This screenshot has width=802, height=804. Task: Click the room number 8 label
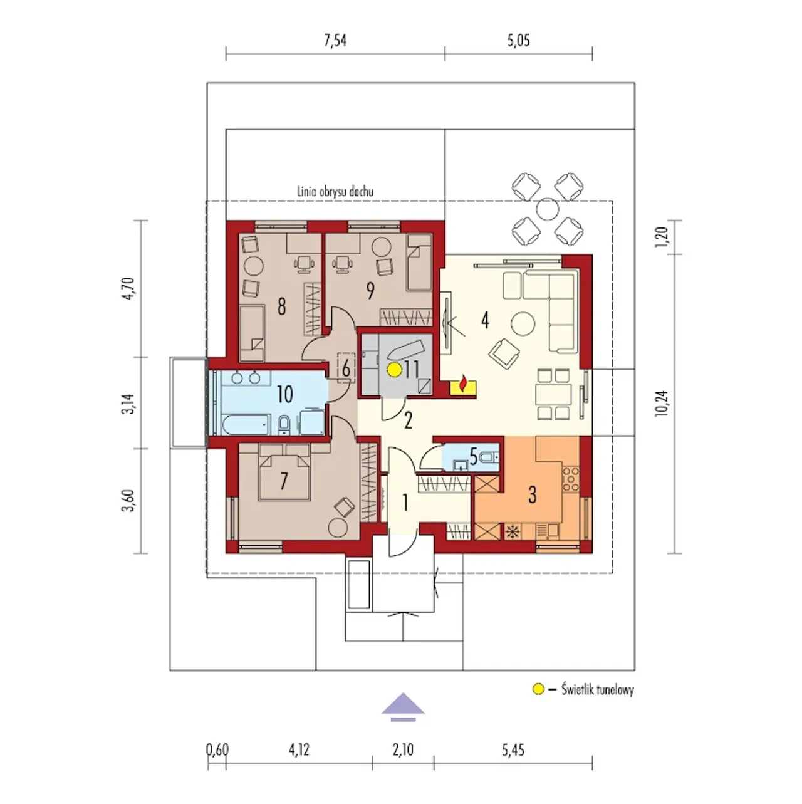pyautogui.click(x=282, y=306)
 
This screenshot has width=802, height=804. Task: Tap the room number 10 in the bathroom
pyautogui.click(x=284, y=394)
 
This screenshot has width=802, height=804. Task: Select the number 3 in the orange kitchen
pyautogui.click(x=532, y=495)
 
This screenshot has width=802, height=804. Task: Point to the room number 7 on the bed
pyautogui.click(x=284, y=481)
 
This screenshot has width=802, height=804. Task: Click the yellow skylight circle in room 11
pyautogui.click(x=393, y=370)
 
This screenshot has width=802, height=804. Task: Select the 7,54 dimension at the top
pyautogui.click(x=335, y=41)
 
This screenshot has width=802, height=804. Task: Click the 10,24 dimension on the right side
pyautogui.click(x=663, y=403)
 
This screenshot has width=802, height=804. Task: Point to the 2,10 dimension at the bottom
pyautogui.click(x=403, y=749)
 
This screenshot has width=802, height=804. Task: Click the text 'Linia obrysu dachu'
pyautogui.click(x=335, y=192)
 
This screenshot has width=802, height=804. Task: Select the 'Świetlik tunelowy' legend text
pyautogui.click(x=598, y=689)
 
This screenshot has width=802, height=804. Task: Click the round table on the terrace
pyautogui.click(x=547, y=209)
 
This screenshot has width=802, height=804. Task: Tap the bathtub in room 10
pyautogui.click(x=246, y=425)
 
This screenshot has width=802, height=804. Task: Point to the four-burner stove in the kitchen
pyautogui.click(x=570, y=479)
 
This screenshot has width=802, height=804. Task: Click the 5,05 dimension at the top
pyautogui.click(x=519, y=41)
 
